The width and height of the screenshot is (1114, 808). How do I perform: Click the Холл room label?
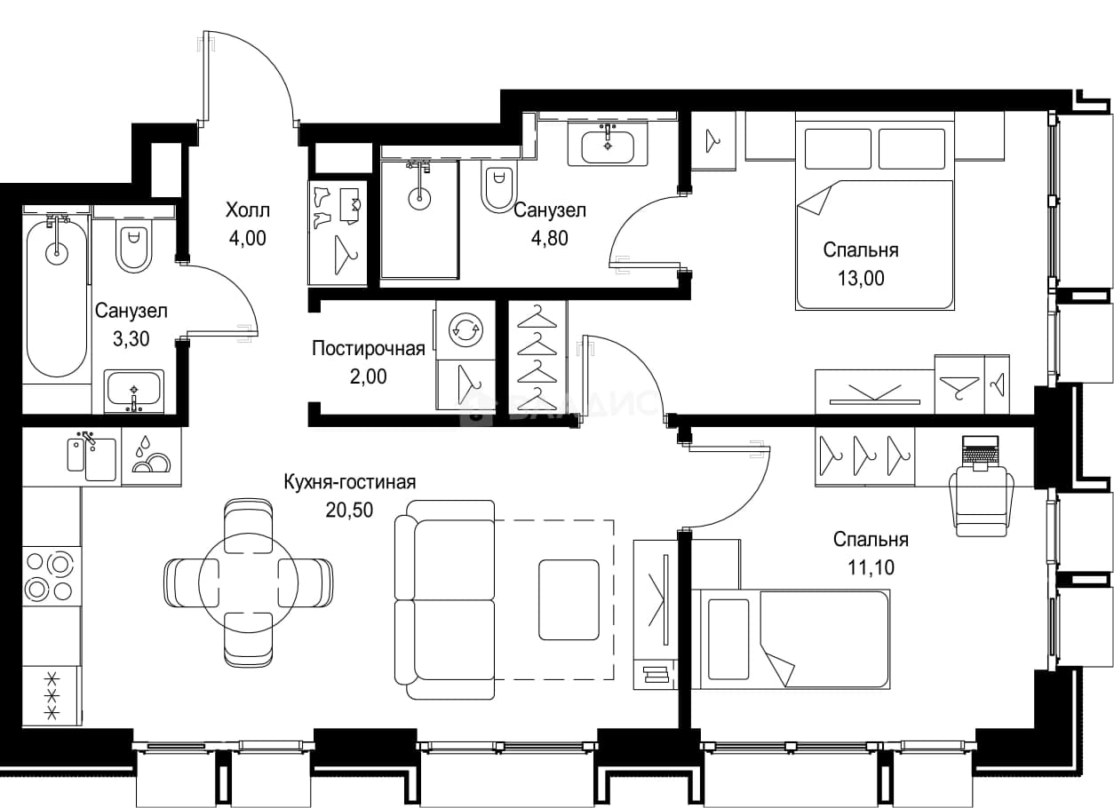pyautogui.click(x=248, y=210)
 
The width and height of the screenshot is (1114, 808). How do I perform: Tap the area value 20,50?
pyautogui.click(x=349, y=511)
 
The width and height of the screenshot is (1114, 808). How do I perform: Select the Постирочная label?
pyautogui.click(x=369, y=349)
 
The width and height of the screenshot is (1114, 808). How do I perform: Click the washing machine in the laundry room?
pyautogui.click(x=466, y=329)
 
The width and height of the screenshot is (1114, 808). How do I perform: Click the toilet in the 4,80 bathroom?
pyautogui.click(x=499, y=189)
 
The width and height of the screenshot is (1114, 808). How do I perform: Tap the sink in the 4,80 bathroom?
pyautogui.click(x=608, y=147)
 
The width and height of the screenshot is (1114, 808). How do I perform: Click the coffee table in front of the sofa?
pyautogui.click(x=569, y=600)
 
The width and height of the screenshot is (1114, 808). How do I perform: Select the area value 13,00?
pyautogui.click(x=861, y=278)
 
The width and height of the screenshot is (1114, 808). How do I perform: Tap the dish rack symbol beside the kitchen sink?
pyautogui.click(x=151, y=455)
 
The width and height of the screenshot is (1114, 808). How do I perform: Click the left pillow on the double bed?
pyautogui.click(x=838, y=149)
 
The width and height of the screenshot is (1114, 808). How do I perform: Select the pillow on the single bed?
pyautogui.click(x=728, y=639)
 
